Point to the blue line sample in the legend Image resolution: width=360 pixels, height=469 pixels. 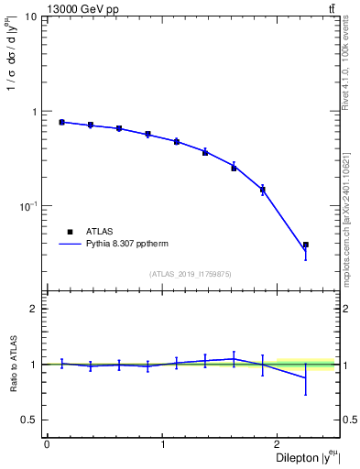point(70,245)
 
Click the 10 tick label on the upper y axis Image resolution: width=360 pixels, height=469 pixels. point(29,17)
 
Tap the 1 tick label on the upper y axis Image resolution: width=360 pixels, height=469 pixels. point(33,112)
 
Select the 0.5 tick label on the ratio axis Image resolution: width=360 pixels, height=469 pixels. point(28,420)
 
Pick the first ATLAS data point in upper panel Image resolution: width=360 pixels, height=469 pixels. point(61,122)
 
